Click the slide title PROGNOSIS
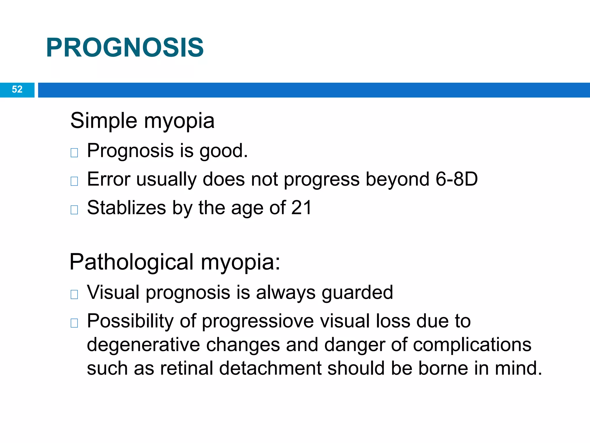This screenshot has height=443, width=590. click(x=125, y=48)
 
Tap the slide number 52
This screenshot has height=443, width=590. click(x=17, y=89)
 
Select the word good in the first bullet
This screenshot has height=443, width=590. click(x=223, y=151)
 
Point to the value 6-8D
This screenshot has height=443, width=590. click(x=456, y=179)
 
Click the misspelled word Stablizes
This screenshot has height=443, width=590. click(x=126, y=208)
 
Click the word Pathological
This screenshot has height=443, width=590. click(x=131, y=262)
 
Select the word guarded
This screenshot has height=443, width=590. click(x=357, y=292)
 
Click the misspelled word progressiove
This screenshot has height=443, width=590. click(x=258, y=321)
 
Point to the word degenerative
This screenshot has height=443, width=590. click(x=143, y=345)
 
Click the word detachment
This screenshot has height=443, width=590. click(x=270, y=368)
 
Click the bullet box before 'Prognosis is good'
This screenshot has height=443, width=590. click(x=74, y=153)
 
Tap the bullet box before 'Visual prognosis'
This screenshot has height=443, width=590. click(x=74, y=294)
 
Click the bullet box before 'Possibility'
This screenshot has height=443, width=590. click(x=74, y=323)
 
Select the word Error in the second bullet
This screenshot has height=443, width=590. click(x=109, y=179)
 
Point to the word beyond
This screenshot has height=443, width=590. click(x=397, y=179)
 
